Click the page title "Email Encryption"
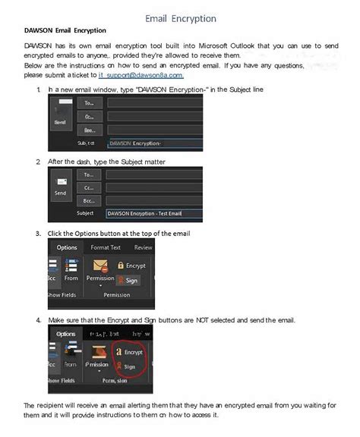click(180, 18)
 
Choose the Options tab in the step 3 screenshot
click(67, 247)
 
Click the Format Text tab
click(106, 247)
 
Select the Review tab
click(143, 247)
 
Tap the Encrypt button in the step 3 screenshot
click(131, 266)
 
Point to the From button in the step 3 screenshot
click(71, 278)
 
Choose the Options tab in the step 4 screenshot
click(66, 334)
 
